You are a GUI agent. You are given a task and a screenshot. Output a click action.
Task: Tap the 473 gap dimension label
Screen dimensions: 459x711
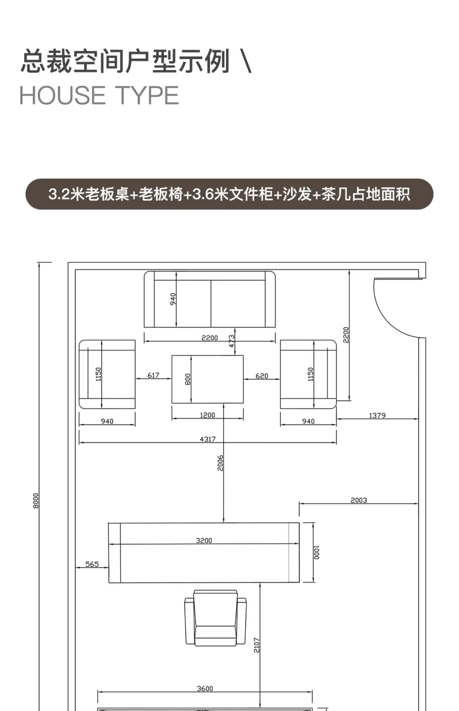(x=232, y=341)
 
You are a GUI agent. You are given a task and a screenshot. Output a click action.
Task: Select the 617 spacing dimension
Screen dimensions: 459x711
(x=153, y=375)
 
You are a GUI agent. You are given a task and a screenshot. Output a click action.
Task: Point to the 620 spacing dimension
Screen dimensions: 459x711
(x=262, y=376)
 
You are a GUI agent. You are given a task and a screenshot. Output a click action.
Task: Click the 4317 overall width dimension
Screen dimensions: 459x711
(x=208, y=439)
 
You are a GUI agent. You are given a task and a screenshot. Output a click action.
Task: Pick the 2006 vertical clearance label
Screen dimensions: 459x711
(x=220, y=463)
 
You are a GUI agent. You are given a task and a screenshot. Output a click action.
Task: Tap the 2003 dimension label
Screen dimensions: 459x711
(x=359, y=500)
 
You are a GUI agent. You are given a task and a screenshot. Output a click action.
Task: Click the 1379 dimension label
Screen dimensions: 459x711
(x=377, y=416)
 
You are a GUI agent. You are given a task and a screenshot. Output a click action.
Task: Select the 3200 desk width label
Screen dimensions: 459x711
(x=204, y=540)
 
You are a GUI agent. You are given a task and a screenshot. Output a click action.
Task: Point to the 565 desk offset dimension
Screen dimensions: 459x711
(x=92, y=564)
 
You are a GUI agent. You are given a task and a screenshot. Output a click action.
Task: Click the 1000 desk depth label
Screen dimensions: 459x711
(x=317, y=552)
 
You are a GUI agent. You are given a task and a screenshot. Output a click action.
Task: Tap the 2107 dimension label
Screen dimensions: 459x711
(x=257, y=645)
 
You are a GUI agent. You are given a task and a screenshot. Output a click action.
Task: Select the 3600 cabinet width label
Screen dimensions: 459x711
(x=205, y=689)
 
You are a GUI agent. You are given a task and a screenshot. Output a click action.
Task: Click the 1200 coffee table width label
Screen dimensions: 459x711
(x=207, y=415)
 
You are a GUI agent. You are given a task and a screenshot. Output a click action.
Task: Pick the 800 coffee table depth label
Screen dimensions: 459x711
(x=188, y=379)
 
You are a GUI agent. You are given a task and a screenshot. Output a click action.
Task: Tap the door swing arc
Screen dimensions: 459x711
(x=388, y=318)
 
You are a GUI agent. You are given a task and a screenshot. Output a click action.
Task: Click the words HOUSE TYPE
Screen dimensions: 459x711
(x=99, y=96)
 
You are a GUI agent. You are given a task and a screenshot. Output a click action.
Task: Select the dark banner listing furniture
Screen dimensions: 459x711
(x=229, y=194)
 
